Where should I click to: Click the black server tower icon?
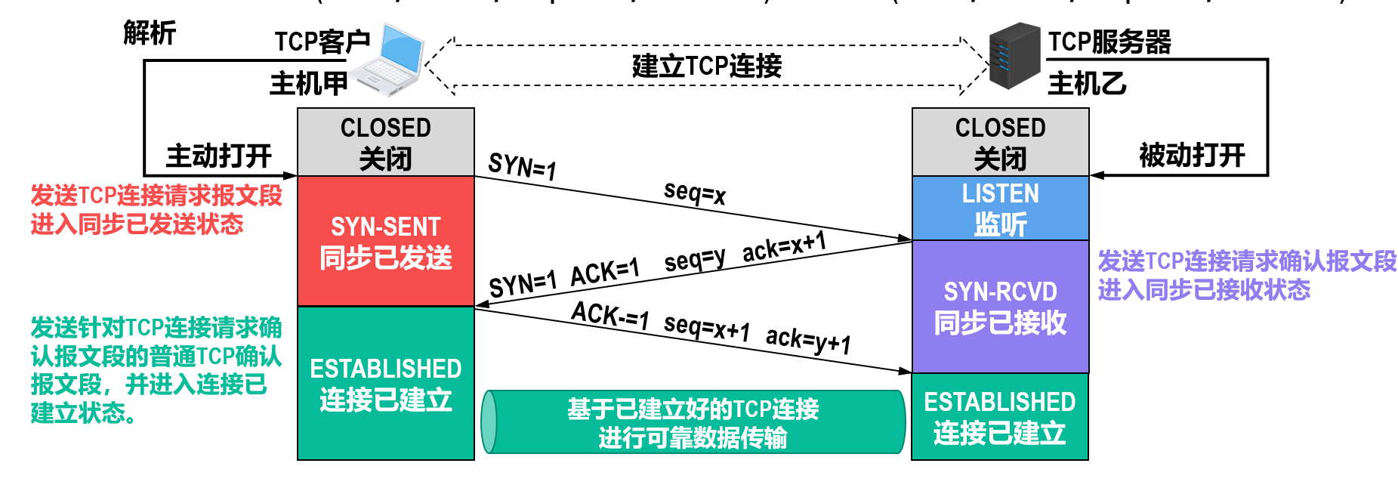click(x=1014, y=56)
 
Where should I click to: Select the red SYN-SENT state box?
click(x=385, y=241)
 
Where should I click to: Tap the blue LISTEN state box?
click(x=1000, y=208)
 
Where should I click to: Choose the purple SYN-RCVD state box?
click(x=1000, y=307)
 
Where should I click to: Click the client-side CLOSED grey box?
click(x=385, y=142)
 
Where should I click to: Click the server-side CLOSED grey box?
click(x=1000, y=142)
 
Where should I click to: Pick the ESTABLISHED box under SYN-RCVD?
click(x=1000, y=417)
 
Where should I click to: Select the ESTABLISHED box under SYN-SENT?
click(x=385, y=384)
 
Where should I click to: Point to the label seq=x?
click(x=695, y=193)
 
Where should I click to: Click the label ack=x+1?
click(x=784, y=246)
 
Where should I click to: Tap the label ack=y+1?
click(x=808, y=340)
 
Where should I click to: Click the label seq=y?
click(x=694, y=260)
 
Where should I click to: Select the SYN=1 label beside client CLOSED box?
click(x=522, y=165)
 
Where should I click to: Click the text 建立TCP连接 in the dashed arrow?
click(x=706, y=66)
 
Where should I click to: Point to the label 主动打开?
click(x=218, y=156)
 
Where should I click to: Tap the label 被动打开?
click(x=1192, y=156)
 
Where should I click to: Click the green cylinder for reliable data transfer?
click(x=693, y=422)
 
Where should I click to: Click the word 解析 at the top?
click(x=150, y=33)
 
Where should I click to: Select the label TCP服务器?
click(x=1109, y=42)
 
